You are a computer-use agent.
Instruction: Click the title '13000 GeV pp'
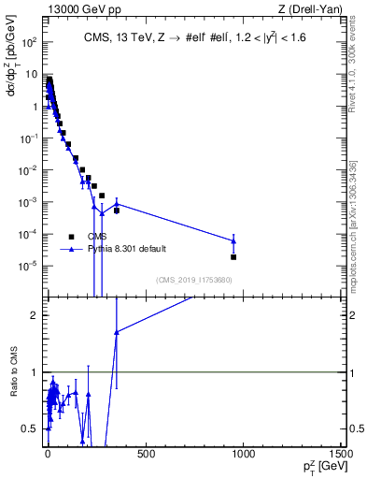78,9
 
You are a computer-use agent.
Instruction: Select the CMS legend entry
98,237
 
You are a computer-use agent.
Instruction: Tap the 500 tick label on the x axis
145,455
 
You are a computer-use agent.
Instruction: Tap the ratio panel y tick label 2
35,315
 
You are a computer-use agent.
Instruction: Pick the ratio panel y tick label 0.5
33,428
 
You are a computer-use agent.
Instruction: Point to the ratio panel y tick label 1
35,372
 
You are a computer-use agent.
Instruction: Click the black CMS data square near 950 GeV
233,256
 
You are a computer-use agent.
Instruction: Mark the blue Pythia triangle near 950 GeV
233,240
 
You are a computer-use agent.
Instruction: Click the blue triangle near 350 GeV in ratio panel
116,332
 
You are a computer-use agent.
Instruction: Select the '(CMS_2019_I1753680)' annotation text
194,280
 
